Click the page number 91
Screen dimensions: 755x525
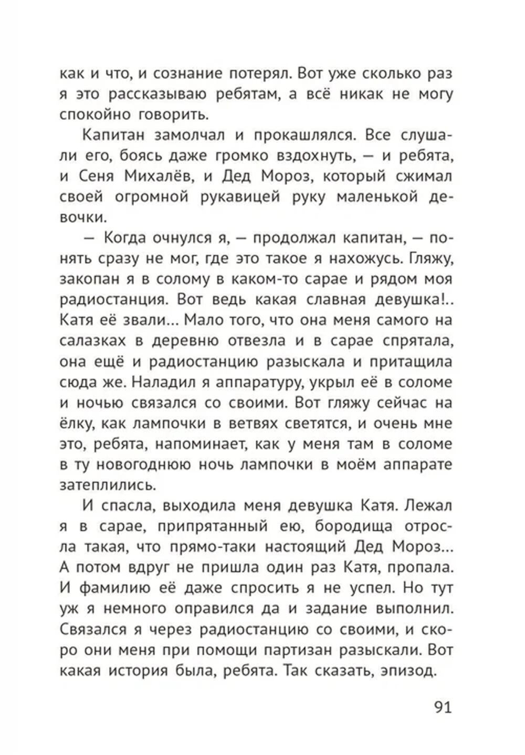coord(443,707)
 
